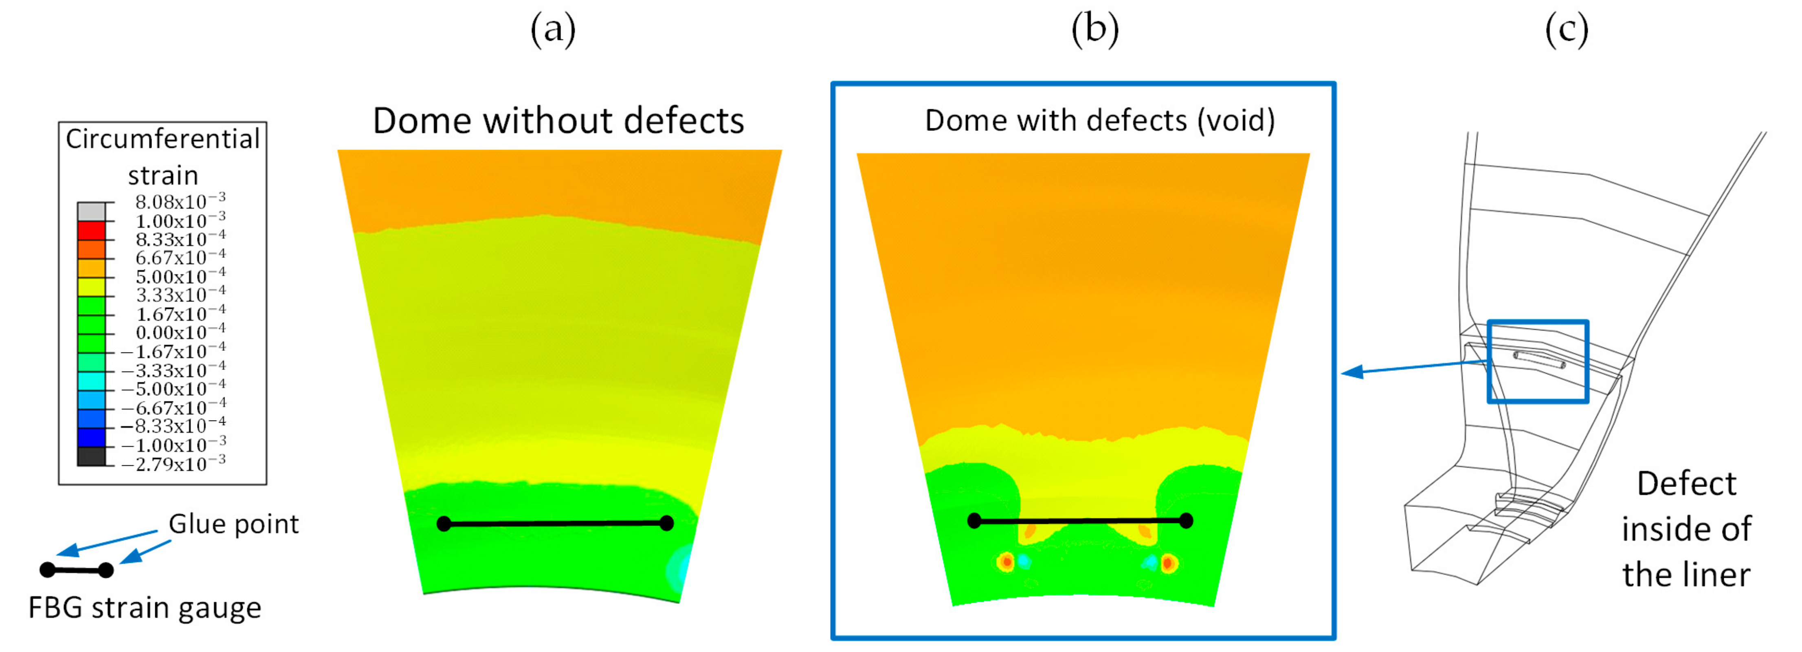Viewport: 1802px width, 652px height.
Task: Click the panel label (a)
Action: (x=553, y=30)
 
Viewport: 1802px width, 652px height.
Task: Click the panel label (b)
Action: (x=1095, y=30)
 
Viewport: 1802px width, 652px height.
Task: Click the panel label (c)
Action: (x=1566, y=30)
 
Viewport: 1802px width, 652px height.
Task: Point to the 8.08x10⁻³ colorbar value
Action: (x=180, y=202)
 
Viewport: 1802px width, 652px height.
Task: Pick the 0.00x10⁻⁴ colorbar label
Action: (x=180, y=332)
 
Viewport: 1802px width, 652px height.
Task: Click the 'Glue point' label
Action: (x=234, y=524)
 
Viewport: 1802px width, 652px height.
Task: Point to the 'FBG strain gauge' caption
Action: (x=145, y=607)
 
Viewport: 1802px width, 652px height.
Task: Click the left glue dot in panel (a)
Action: (x=444, y=524)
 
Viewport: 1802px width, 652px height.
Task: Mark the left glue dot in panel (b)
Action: (x=974, y=520)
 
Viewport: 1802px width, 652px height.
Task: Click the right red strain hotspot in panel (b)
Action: (x=1167, y=562)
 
